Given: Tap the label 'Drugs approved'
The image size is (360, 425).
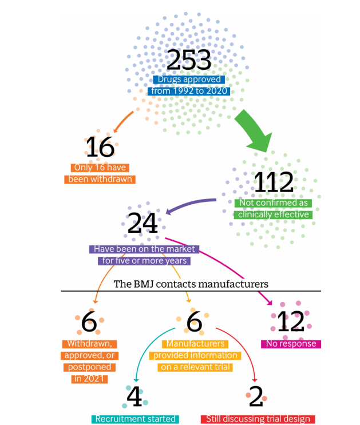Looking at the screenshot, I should tap(188, 80).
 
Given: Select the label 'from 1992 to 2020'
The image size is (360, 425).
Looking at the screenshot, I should tap(188, 91).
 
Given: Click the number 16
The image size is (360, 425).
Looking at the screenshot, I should tap(100, 148).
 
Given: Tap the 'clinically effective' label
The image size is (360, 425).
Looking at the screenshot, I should tap(273, 215).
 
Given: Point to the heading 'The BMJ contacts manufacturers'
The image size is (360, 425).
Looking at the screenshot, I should tap(191, 284).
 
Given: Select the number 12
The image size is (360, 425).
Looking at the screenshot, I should tap(290, 323).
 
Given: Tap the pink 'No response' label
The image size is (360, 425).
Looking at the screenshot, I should tap(290, 344).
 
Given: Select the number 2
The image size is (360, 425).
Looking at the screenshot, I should tap(258, 396).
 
